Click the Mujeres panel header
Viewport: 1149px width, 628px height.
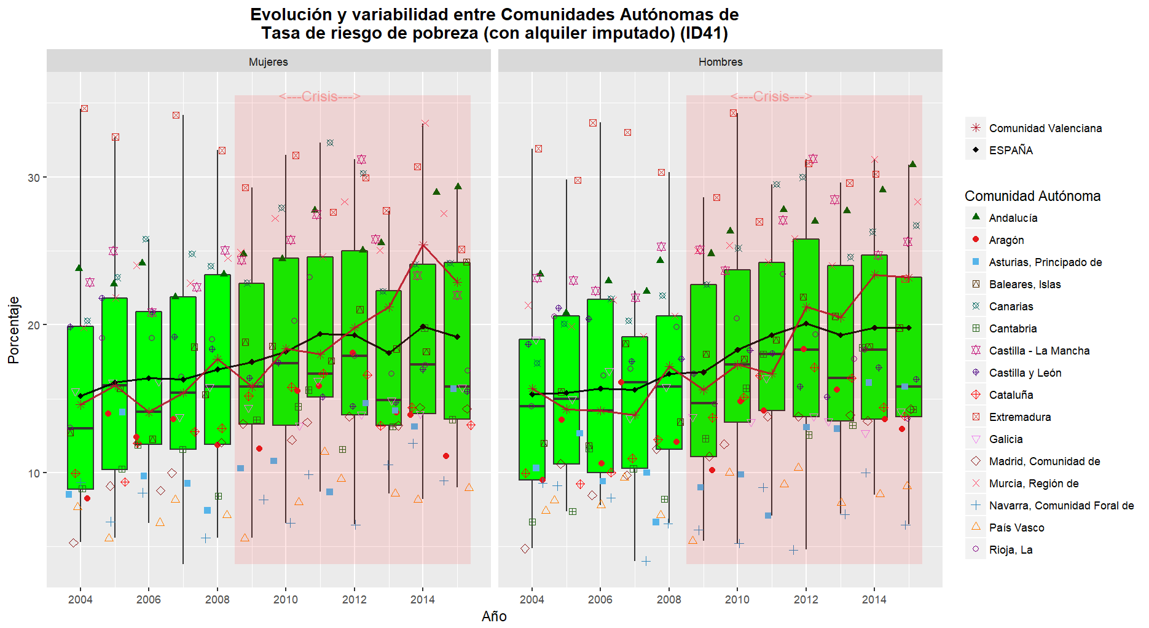(x=269, y=61)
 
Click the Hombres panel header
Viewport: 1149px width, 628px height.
(x=720, y=61)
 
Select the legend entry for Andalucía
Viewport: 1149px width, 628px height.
(x=1013, y=218)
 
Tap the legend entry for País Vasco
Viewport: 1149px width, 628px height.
(x=1016, y=528)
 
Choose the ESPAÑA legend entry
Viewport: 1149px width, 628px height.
(x=1010, y=151)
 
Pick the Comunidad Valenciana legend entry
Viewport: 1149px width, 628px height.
(x=1045, y=128)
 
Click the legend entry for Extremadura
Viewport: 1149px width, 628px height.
(x=1019, y=417)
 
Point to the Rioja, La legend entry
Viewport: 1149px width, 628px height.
(x=1010, y=550)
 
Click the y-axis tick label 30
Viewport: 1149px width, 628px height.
(x=33, y=178)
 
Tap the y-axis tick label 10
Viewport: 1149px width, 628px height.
(x=33, y=473)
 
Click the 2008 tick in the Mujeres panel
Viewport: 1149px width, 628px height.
(x=217, y=600)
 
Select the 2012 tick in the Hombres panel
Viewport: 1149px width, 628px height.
(x=806, y=600)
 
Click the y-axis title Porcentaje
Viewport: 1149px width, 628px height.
(x=14, y=330)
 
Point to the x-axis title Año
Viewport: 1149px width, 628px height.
(x=494, y=616)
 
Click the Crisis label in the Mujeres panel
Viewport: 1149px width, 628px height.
(x=320, y=96)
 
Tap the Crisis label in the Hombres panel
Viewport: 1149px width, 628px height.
(x=771, y=96)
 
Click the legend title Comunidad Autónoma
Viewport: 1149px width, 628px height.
(x=1032, y=196)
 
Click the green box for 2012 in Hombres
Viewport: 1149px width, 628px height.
(x=806, y=326)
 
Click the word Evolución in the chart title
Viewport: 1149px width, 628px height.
(x=291, y=15)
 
